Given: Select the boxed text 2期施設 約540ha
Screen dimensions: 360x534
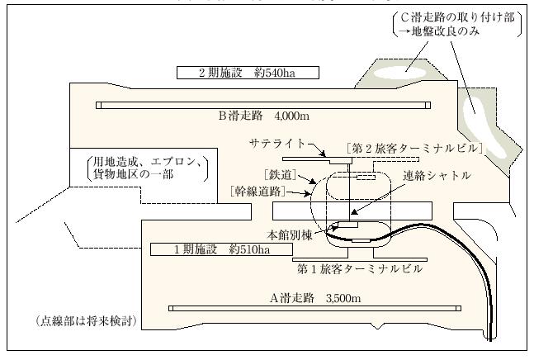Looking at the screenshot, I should point(235,72).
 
